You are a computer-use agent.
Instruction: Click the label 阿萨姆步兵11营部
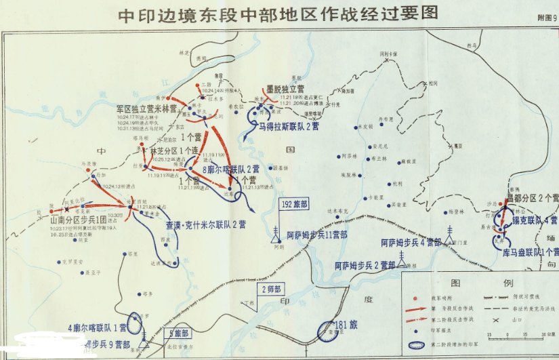[316, 235]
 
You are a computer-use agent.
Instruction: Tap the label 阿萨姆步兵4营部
[411, 241]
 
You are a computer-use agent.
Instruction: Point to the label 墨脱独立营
[285, 89]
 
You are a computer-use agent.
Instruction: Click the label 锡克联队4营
[535, 220]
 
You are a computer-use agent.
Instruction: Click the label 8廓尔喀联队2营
[232, 169]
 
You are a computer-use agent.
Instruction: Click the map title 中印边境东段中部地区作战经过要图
[278, 13]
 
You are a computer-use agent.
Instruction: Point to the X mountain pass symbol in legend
[486, 319]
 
